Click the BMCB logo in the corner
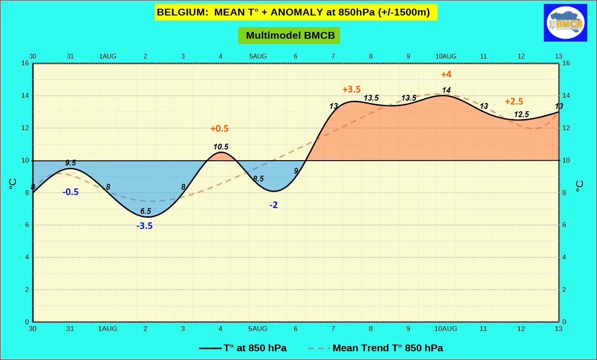point(565,23)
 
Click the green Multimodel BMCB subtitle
point(289,35)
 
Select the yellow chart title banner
point(296,12)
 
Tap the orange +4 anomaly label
point(446,75)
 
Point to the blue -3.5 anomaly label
point(144,225)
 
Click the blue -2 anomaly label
point(273,205)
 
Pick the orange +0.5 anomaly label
point(219,129)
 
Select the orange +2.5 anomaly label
point(514,102)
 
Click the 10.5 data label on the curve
point(221,147)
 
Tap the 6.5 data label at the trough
point(145,211)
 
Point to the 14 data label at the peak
point(446,90)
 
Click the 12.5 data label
point(521,115)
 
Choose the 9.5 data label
point(70,163)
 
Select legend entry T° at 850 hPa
point(242,348)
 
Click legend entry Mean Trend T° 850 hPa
point(375,348)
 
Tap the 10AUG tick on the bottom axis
point(446,329)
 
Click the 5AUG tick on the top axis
point(258,56)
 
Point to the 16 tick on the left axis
point(25,63)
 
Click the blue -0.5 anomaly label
point(70,192)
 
